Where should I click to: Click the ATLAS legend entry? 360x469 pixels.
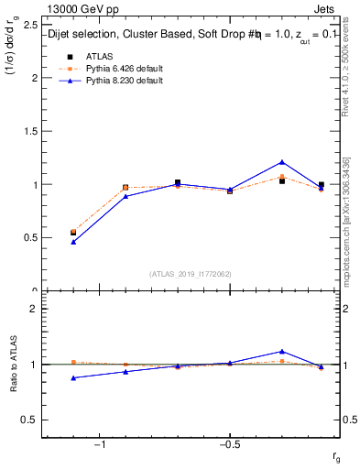click(99, 56)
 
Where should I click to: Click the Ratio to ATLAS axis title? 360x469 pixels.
click(14, 365)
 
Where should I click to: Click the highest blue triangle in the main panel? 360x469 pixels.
click(282, 162)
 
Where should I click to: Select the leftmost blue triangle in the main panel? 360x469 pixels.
click(73, 242)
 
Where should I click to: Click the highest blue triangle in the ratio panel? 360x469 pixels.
click(282, 351)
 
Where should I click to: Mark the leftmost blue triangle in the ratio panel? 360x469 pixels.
click(73, 377)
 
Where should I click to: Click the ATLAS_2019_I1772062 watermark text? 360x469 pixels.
click(190, 273)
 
